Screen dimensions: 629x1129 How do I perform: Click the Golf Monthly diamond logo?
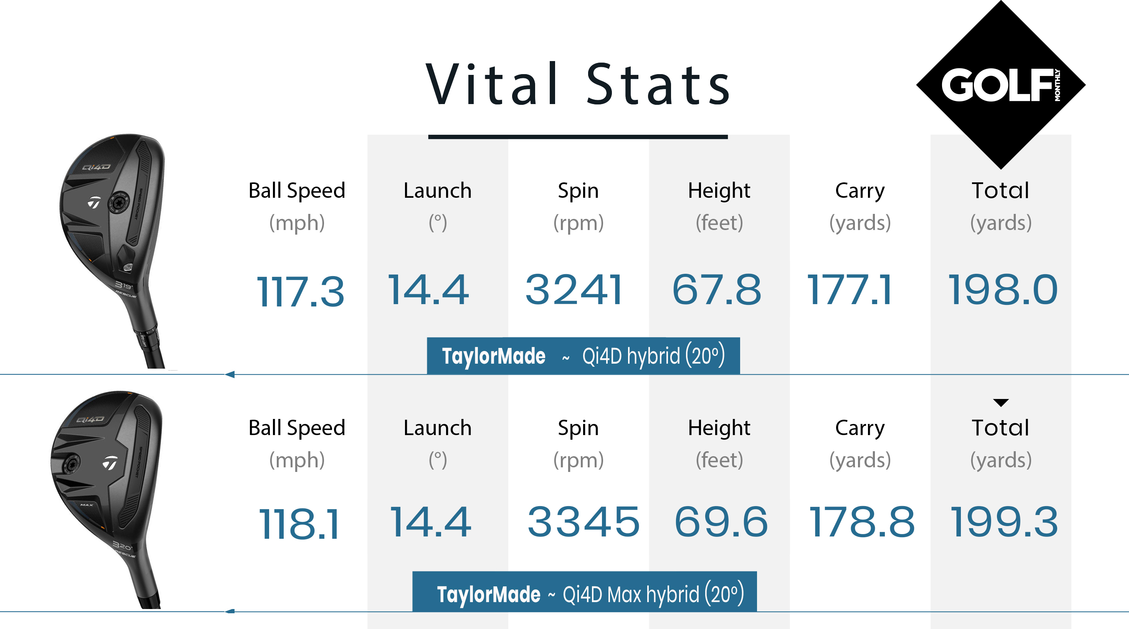pos(1000,84)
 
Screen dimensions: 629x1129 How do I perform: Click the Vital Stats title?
pos(578,84)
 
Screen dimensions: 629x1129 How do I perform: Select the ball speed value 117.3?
pos(300,291)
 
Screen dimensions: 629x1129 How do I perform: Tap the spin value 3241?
pos(574,289)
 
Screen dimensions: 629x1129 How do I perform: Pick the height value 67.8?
pos(717,289)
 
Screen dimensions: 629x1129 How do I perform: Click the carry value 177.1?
pos(850,289)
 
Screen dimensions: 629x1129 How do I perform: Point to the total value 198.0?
pos(1003,289)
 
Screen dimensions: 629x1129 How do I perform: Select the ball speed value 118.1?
pos(299,523)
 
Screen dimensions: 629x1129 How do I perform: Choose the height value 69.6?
pos(721,521)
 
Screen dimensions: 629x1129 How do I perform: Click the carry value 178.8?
pos(862,521)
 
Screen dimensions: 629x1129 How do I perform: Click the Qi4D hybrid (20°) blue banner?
pos(583,356)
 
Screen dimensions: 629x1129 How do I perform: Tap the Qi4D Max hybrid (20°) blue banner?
pos(584,592)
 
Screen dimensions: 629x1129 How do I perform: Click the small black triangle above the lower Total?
pos(1000,402)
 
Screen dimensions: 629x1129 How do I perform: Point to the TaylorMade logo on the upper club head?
pos(94,202)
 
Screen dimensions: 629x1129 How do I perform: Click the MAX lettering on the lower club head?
pos(86,505)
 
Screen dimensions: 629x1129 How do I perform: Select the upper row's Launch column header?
pos(437,191)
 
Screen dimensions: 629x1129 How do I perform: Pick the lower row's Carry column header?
pos(860,428)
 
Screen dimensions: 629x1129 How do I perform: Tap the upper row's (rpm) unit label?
pos(578,223)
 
